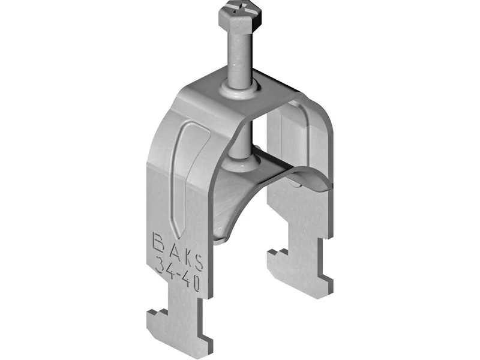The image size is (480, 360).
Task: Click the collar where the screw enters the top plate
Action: point(239,89)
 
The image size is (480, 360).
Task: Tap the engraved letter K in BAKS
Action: point(185,257)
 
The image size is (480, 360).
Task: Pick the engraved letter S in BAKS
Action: point(198,263)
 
